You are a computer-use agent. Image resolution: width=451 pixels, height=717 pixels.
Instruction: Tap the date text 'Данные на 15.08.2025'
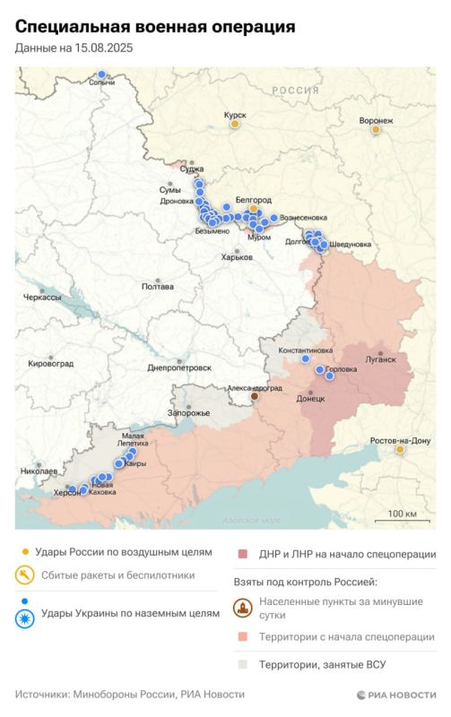(74, 50)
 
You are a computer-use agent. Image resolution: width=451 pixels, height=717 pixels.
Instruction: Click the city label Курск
(235, 114)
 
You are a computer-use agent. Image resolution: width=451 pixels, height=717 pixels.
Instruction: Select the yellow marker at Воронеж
(377, 130)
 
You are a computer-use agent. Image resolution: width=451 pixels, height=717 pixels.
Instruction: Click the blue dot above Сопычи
(102, 75)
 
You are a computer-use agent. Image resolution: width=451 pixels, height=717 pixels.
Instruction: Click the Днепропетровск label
(179, 367)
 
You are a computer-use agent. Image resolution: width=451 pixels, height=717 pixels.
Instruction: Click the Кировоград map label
(50, 363)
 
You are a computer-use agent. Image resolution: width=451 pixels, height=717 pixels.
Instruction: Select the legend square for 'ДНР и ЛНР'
(242, 554)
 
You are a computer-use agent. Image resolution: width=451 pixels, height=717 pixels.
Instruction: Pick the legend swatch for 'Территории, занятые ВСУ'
(242, 665)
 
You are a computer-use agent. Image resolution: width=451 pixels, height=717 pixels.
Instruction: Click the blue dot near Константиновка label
(305, 358)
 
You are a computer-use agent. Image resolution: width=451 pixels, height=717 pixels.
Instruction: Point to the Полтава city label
(159, 287)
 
